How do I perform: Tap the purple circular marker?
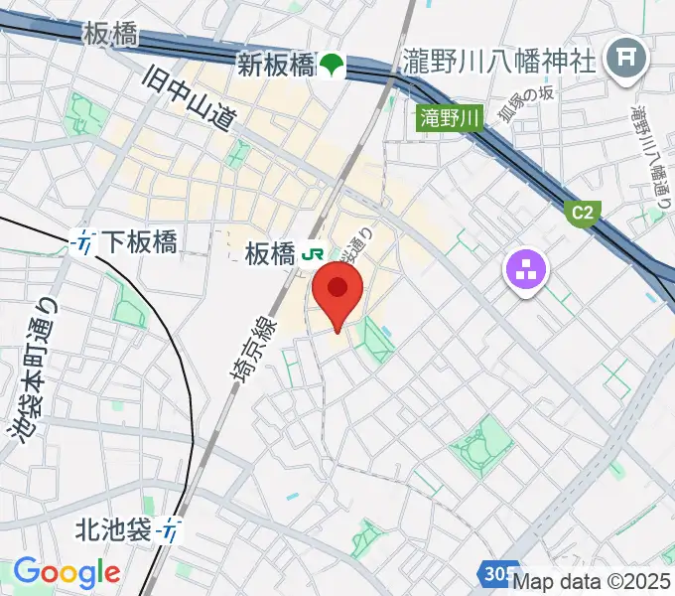[x=525, y=268]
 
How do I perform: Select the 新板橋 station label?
[x=275, y=66]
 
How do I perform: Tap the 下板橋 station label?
[x=140, y=240]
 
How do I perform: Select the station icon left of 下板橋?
[x=85, y=240]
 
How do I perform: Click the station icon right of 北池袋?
[x=174, y=531]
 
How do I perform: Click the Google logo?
[x=67, y=572]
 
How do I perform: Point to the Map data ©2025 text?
[x=592, y=582]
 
